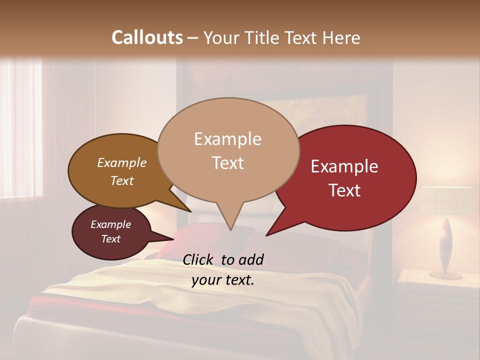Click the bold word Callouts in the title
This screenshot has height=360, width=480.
click(x=147, y=37)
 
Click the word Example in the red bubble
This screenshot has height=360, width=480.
click(x=344, y=166)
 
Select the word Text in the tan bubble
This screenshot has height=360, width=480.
click(x=228, y=163)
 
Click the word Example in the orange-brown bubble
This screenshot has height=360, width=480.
click(x=121, y=162)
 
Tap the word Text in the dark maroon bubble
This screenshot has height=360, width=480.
click(x=110, y=239)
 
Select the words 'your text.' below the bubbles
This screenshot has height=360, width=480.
click(x=223, y=280)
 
